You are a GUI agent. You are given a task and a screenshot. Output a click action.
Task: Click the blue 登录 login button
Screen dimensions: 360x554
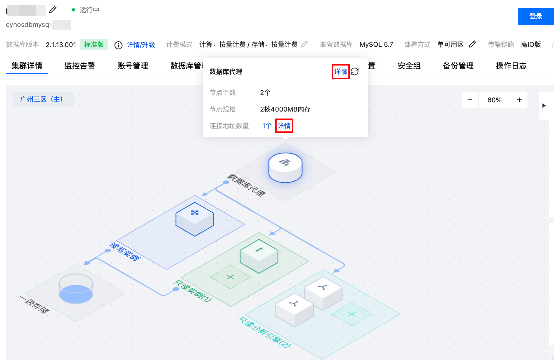[536, 16]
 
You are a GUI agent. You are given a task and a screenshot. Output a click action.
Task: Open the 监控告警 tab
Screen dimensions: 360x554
[80, 66]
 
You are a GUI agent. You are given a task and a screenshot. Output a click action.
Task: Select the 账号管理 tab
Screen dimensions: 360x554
[133, 66]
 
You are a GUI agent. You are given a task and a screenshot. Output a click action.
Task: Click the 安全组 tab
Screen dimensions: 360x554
[409, 66]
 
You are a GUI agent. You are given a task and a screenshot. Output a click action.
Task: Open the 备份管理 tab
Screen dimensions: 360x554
[458, 66]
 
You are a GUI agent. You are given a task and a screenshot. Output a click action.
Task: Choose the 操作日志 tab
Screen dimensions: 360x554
[511, 66]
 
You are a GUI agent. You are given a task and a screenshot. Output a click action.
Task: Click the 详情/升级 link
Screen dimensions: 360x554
[141, 45]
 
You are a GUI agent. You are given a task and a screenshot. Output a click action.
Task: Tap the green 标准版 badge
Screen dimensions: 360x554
[94, 45]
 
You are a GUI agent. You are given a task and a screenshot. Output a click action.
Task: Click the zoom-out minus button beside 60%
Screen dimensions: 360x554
[470, 100]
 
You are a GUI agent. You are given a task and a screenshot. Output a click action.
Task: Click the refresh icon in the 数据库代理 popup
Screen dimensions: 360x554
[355, 71]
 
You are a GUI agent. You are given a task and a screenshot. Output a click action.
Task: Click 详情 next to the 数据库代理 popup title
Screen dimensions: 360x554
[341, 71]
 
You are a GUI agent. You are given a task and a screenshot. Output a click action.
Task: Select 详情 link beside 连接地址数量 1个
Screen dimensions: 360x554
[284, 126]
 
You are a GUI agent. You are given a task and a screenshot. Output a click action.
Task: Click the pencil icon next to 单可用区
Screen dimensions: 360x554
[473, 44]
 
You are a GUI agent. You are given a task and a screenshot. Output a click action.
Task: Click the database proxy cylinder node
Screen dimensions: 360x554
[285, 167]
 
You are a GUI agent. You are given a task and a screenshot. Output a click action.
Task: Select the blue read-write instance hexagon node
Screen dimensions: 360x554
[195, 219]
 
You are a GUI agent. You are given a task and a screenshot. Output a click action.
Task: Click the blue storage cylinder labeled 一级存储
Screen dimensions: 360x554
[76, 289]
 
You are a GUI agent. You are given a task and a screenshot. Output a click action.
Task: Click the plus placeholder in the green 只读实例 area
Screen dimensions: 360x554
[230, 277]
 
